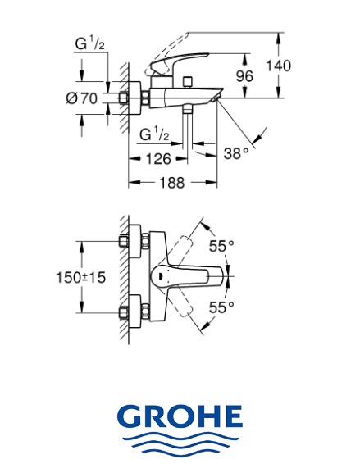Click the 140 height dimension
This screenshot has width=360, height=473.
(278, 66)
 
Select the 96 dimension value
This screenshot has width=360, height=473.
(244, 76)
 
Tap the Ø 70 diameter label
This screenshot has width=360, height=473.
(82, 98)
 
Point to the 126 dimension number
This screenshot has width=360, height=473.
(158, 159)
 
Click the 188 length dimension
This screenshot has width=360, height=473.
(171, 183)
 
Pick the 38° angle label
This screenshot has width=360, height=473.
(236, 153)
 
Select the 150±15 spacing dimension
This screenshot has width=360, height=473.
(81, 277)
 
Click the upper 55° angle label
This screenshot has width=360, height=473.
(221, 246)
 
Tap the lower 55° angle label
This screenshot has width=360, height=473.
(221, 307)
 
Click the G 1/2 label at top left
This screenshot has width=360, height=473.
(90, 44)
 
